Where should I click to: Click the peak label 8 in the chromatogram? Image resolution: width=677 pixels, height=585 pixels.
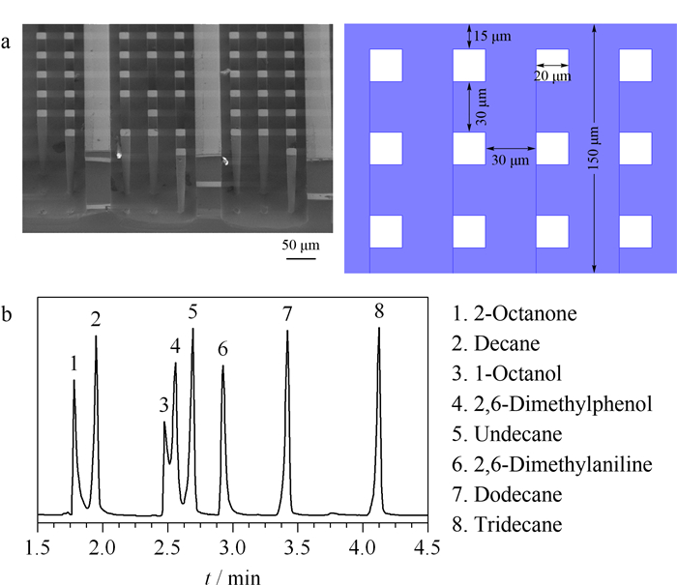click(379, 310)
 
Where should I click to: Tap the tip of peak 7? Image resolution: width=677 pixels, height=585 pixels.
click(287, 331)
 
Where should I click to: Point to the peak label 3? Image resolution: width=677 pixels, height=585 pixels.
click(163, 405)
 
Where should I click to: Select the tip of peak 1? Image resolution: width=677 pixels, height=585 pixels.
click(74, 380)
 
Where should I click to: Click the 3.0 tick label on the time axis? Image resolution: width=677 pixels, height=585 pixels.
click(233, 548)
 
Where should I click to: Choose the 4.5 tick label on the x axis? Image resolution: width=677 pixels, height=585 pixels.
click(427, 548)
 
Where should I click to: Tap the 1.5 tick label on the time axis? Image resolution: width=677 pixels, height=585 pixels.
click(38, 548)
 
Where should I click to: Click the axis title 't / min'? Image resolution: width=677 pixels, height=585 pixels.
click(233, 577)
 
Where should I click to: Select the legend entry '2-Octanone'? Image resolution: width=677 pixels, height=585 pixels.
click(515, 313)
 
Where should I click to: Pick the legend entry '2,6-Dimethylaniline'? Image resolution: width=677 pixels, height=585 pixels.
click(552, 464)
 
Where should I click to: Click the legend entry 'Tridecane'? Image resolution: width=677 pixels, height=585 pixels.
click(508, 524)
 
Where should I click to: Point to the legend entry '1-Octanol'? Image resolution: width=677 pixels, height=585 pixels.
click(507, 373)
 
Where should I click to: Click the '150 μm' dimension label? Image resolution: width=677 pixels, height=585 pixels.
click(594, 148)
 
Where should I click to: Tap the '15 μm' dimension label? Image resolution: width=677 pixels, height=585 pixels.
click(492, 37)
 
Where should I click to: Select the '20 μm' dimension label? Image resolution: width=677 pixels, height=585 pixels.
click(552, 76)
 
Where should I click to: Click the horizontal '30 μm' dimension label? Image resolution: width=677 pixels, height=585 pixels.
click(511, 161)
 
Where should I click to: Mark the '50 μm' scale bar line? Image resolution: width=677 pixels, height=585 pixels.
click(301, 258)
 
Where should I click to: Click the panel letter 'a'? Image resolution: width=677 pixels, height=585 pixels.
click(6, 43)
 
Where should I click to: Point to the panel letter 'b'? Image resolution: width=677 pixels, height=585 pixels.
click(6, 314)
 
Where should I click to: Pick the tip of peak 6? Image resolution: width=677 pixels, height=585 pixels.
click(222, 366)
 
